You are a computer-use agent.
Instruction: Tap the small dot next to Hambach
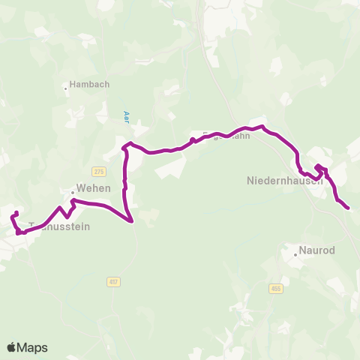[x=66, y=85]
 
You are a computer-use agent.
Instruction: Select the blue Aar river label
[x=126, y=116]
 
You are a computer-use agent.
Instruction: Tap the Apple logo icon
[x=12, y=347]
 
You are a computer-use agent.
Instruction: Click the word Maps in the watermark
[x=32, y=347]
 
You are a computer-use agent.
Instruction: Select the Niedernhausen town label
[x=284, y=181]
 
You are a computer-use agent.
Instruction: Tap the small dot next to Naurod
[x=296, y=254]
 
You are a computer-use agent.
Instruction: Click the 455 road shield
[x=275, y=288]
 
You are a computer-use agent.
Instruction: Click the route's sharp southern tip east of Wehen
[x=132, y=221]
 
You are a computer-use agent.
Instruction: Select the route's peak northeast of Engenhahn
[x=262, y=126]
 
